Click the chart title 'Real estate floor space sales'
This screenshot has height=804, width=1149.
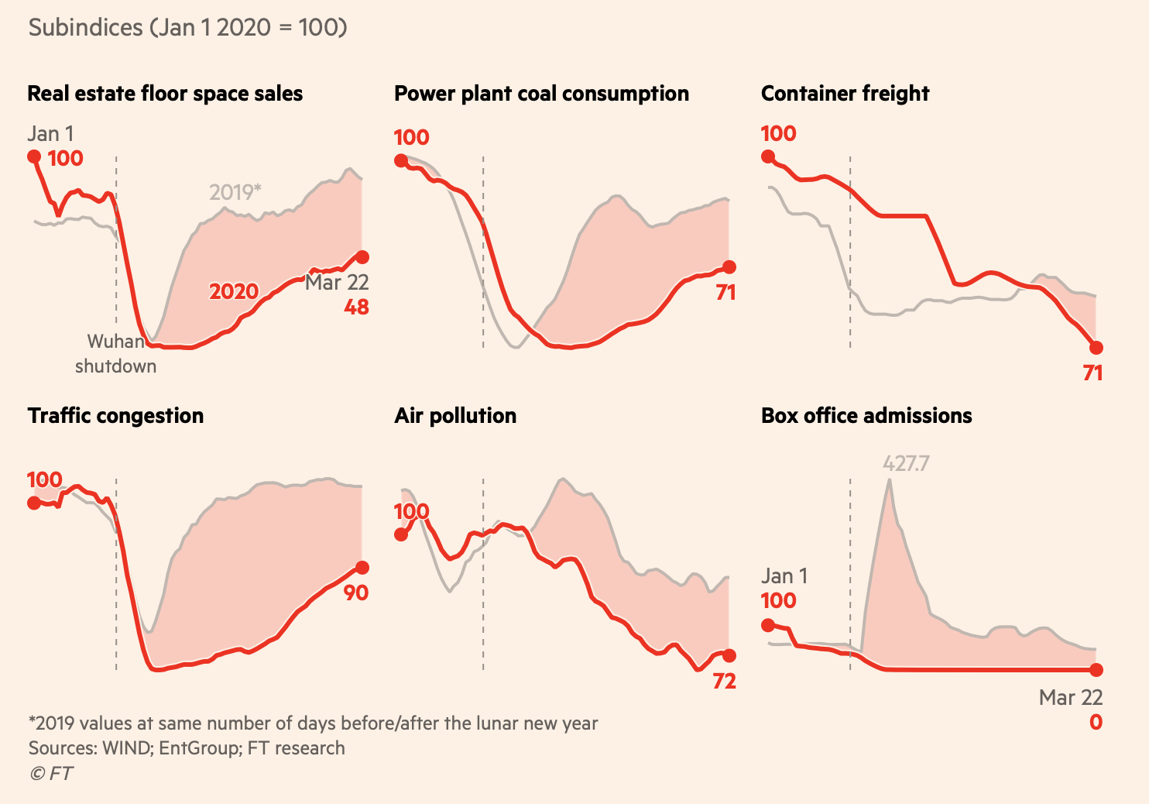coord(165,94)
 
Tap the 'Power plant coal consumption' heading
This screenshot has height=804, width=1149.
coord(541,94)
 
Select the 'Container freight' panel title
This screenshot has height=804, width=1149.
coord(845,94)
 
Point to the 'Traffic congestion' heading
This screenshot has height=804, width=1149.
coord(115,416)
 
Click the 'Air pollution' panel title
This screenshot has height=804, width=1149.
coord(455,416)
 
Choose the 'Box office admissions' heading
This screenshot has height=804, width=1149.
coord(866,416)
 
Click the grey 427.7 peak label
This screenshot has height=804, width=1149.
coord(906,464)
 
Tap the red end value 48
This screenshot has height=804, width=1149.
coord(356,308)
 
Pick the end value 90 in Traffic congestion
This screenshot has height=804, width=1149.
coord(356,593)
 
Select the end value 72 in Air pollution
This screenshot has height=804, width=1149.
coord(724,682)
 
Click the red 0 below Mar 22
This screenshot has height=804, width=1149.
coord(1096,723)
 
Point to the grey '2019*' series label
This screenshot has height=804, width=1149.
coord(235,192)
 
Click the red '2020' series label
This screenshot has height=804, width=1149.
coord(234,292)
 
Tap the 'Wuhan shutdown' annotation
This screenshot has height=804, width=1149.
coord(116,354)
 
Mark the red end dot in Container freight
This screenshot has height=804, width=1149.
coord(1096,348)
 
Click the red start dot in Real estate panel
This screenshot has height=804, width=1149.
coord(34,156)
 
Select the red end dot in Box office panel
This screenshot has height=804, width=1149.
coord(1096,670)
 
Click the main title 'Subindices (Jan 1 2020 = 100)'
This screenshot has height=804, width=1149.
coord(187,28)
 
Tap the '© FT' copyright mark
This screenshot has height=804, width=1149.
coord(51,774)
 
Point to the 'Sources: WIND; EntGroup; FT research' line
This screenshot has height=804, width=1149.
coord(187,748)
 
